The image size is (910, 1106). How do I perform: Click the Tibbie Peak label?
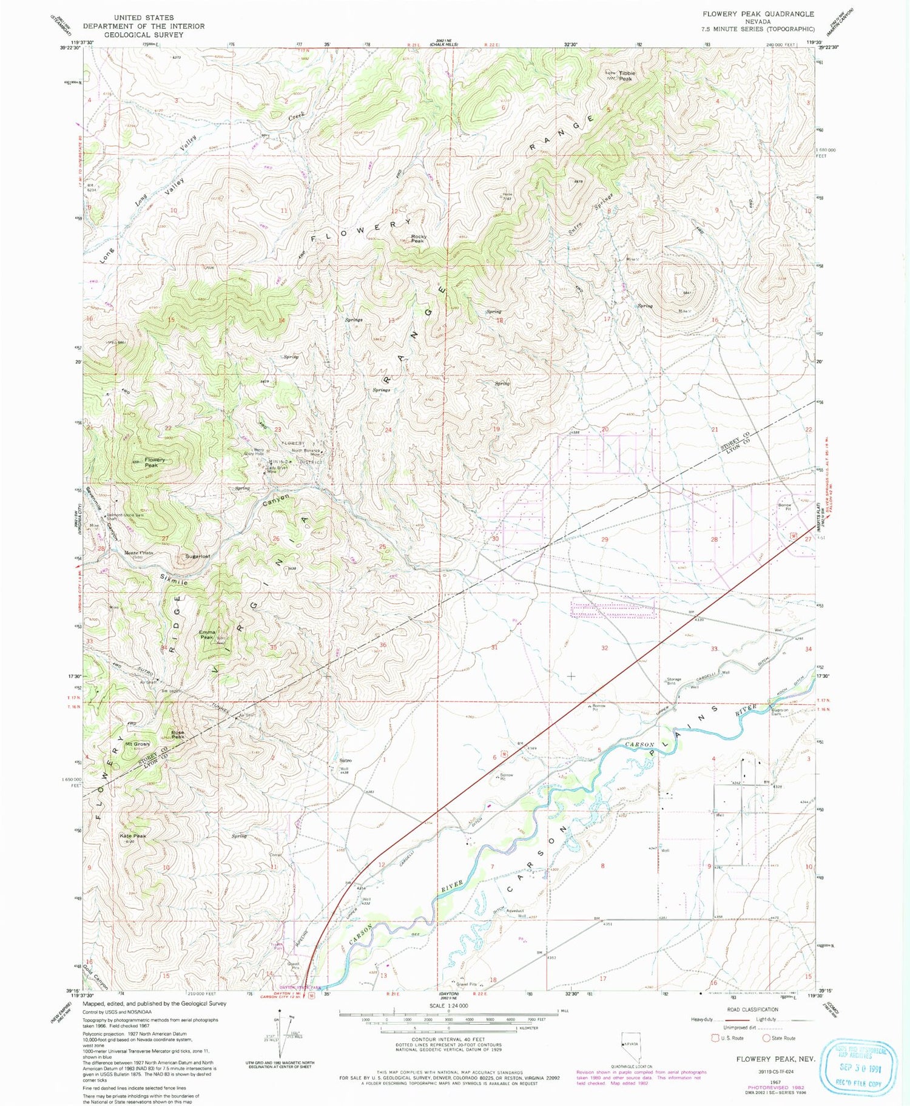click(625, 76)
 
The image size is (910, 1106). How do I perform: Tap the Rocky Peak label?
click(419, 239)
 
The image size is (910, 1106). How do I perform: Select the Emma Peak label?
click(207, 635)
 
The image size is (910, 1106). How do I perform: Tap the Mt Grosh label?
click(137, 744)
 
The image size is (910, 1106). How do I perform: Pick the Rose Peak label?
click(178, 734)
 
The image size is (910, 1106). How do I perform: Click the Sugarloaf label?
click(198, 556)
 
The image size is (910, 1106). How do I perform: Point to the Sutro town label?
click(346, 760)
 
